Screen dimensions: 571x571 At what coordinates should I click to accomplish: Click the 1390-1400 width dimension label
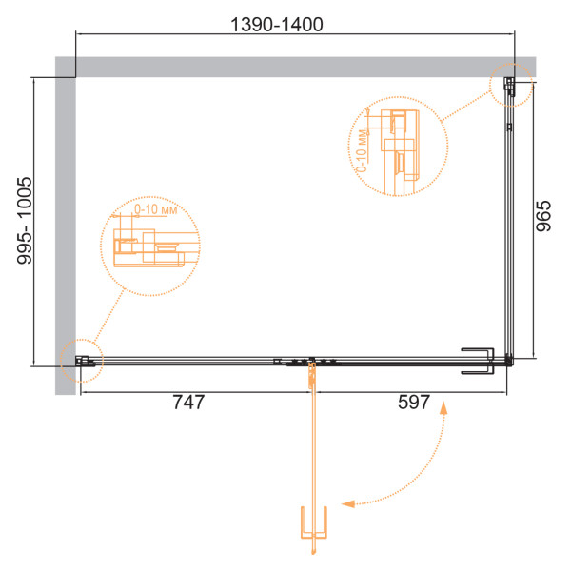click(277, 25)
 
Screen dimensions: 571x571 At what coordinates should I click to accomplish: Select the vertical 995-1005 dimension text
click(25, 221)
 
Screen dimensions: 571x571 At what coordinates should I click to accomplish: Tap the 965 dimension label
click(543, 216)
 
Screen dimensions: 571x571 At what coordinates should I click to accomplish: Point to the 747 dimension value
click(188, 403)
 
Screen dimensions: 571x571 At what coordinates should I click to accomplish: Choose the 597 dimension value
click(414, 403)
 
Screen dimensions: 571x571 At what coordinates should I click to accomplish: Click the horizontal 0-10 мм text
click(155, 209)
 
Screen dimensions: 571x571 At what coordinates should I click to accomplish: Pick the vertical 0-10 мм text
click(362, 150)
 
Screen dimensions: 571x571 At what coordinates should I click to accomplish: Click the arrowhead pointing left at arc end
click(347, 504)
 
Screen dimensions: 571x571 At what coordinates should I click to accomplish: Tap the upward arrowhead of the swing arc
click(443, 408)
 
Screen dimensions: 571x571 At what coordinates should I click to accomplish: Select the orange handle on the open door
click(313, 522)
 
